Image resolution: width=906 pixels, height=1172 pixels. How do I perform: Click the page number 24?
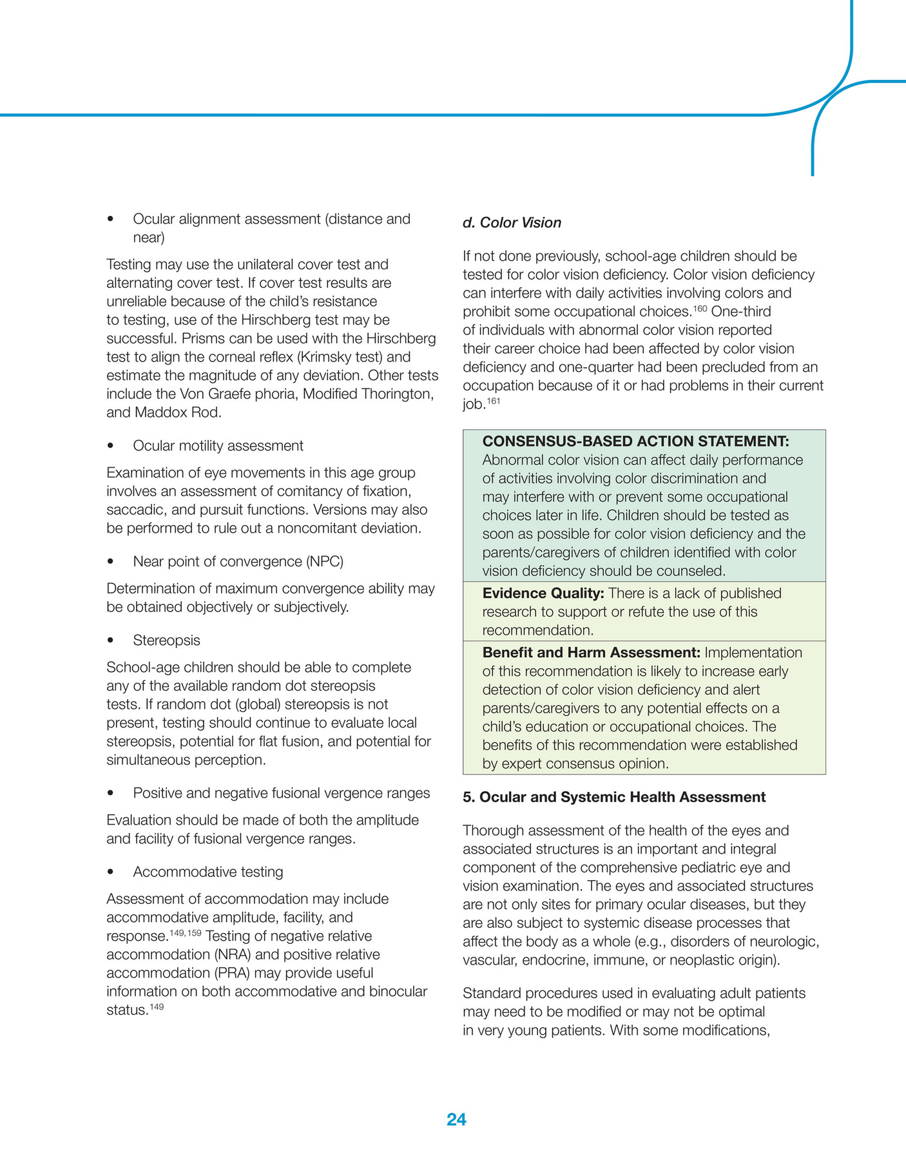tap(456, 1119)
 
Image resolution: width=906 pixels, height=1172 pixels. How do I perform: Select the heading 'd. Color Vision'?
tap(512, 223)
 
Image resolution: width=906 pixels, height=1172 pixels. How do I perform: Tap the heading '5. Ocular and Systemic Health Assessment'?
tap(614, 797)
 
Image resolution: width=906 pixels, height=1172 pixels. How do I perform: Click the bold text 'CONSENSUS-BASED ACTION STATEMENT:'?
tap(635, 441)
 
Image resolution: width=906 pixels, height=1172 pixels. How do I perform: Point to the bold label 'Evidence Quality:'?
tap(543, 593)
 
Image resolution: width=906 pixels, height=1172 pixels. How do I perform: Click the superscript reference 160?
tap(700, 309)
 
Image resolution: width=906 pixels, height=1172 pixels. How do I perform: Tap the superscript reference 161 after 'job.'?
tap(493, 401)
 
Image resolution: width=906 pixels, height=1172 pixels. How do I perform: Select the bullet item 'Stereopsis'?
tap(166, 640)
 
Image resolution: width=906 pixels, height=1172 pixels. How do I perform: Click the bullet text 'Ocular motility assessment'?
tap(218, 446)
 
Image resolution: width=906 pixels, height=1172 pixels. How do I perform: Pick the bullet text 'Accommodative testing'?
tap(207, 872)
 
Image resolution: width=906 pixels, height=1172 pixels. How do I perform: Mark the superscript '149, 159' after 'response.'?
tap(186, 932)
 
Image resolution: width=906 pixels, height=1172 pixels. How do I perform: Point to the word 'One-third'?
tap(741, 312)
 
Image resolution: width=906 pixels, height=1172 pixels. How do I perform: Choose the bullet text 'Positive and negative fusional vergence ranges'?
tap(281, 793)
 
